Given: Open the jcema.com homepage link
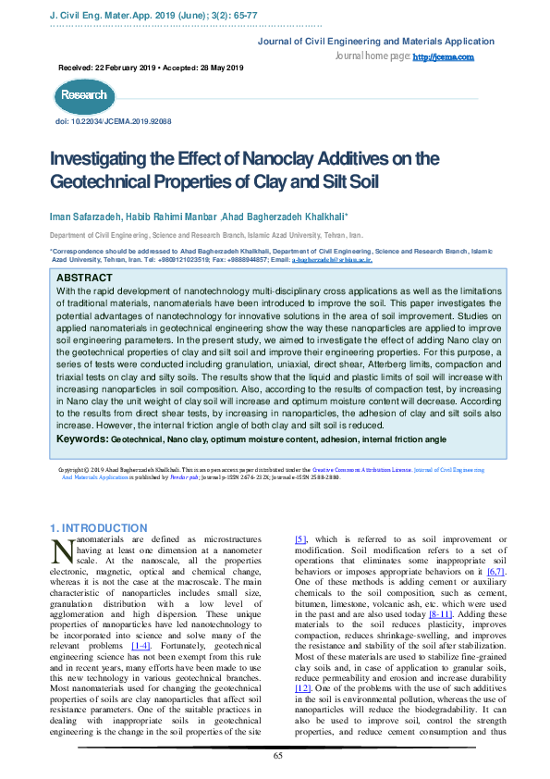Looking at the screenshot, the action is click(443, 57).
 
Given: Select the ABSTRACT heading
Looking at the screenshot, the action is click(85, 278).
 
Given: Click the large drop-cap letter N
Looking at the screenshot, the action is click(62, 550).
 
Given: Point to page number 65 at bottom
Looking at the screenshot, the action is click(277, 756).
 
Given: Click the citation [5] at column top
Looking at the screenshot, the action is click(300, 538).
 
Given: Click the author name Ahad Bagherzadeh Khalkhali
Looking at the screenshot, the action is click(287, 216).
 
